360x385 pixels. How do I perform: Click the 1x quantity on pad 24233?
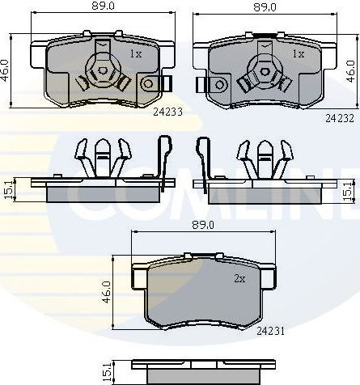click(136, 54)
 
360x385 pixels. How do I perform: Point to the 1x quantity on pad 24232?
click(297, 54)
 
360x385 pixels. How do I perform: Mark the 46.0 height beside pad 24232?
click(350, 72)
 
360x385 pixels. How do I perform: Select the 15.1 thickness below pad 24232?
click(348, 191)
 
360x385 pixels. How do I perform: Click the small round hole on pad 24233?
click(147, 83)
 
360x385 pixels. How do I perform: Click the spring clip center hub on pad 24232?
click(262, 70)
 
